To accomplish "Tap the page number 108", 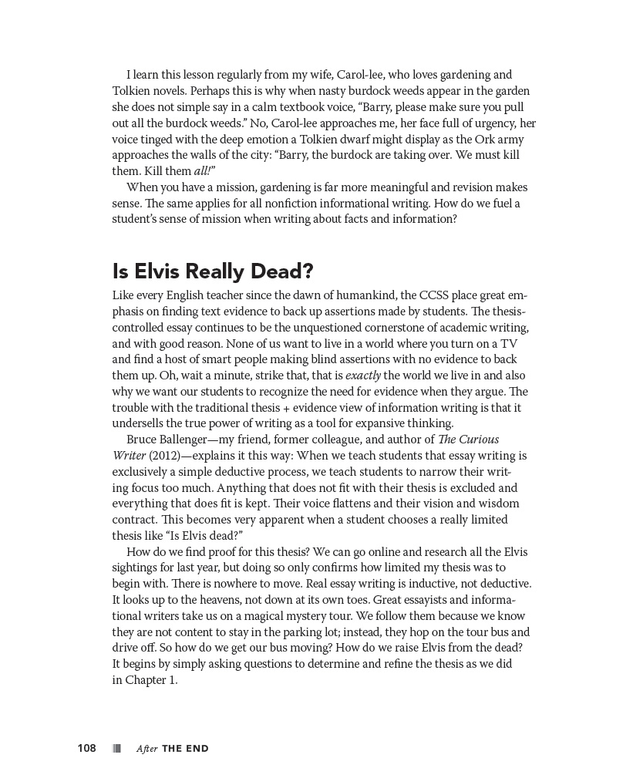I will click(x=86, y=748).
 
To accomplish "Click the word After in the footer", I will click(x=146, y=748).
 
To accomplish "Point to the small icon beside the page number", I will click(x=116, y=748).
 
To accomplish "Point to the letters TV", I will click(x=508, y=344).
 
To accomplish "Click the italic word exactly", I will click(x=363, y=376).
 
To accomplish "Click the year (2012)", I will click(x=163, y=456).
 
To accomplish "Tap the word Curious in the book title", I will click(x=480, y=440).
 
